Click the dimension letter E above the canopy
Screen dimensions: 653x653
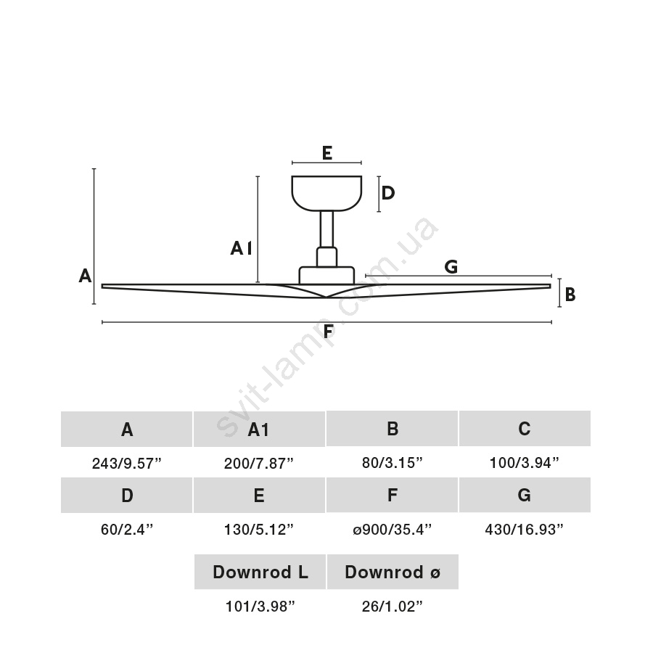pos(326,153)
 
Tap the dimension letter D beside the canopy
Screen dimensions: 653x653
pos(388,193)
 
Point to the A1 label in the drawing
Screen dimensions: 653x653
pos(241,249)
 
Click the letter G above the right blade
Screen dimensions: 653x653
pos(451,267)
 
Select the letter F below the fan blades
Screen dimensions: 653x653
pos(328,332)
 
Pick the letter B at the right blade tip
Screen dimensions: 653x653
pos(570,295)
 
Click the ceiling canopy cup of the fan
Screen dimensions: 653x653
pos(326,192)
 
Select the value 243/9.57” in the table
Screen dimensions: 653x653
pos(126,464)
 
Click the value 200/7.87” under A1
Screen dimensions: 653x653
pos(259,464)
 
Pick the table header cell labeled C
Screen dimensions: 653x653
pos(525,429)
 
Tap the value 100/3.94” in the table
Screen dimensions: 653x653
pos(525,464)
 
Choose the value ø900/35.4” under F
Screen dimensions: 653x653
pos(392,530)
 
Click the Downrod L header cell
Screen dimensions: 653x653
pos(260,572)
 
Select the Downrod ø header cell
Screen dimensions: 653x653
pos(393,572)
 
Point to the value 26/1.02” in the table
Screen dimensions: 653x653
pos(393,607)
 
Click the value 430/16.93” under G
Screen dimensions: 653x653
pos(525,530)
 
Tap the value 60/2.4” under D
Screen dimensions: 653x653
pos(126,530)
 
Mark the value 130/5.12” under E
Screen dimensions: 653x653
pos(259,530)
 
